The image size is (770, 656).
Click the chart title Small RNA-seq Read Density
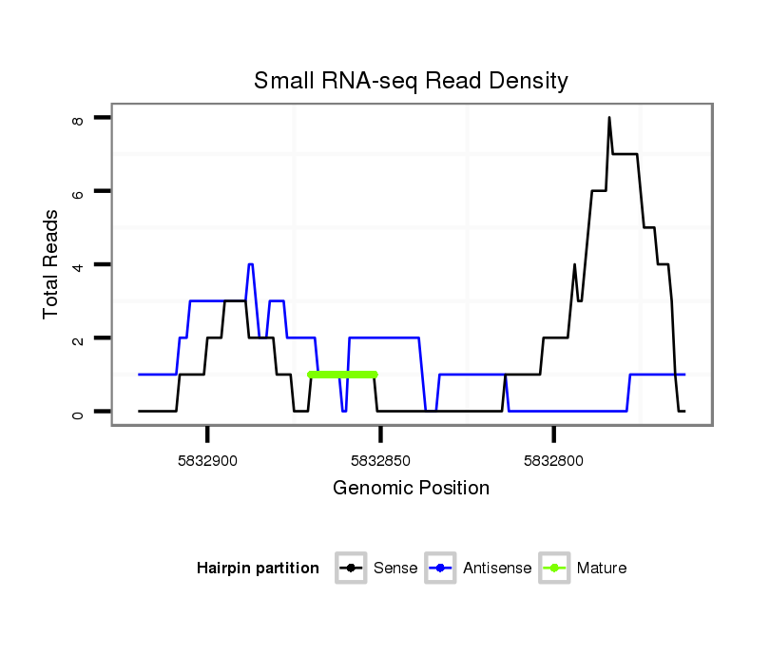411,81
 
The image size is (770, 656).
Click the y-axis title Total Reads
51,263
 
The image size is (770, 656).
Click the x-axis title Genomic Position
411,489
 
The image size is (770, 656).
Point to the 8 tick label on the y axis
78,118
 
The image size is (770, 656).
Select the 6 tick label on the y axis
78,191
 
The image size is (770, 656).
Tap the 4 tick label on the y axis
78,264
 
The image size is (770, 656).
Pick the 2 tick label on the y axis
78,338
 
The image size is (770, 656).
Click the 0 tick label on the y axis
78,412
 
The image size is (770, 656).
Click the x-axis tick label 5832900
207,459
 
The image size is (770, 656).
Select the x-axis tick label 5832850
380,459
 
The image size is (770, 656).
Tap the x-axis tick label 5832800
554,459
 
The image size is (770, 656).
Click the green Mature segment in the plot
343,375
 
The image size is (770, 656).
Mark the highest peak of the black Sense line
609,119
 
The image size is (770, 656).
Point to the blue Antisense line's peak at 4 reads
250,265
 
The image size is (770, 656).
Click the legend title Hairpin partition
258,569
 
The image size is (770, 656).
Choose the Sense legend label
395,569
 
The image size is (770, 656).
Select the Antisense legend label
497,569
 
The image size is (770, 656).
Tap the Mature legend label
602,569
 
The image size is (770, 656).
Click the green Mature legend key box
554,569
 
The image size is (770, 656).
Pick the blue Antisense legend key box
442,569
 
